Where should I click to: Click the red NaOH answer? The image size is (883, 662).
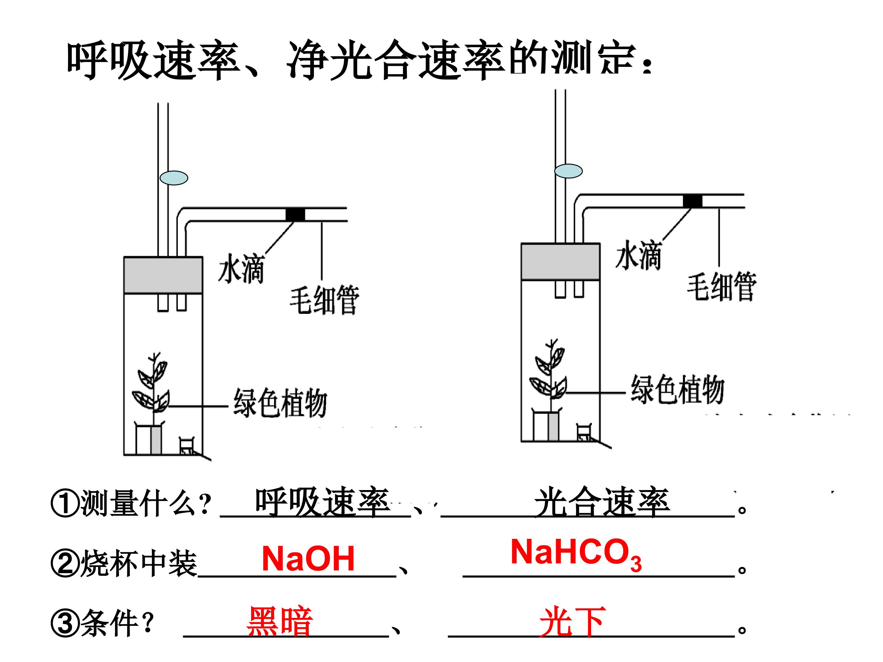pos(308,559)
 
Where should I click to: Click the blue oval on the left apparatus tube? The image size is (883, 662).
pos(174,177)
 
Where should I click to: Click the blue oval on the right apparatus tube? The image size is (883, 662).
pos(568,171)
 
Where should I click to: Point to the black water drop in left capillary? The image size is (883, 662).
pos(295,215)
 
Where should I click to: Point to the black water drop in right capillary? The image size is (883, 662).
pos(693,201)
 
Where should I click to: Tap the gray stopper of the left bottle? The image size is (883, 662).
pos(163,275)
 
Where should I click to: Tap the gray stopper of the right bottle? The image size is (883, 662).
pos(560,262)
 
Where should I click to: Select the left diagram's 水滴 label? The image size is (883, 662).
pos(241,268)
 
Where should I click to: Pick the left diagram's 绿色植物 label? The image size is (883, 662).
pos(280,403)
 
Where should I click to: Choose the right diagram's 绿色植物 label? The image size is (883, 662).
pos(677,389)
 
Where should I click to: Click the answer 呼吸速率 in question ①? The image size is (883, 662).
pos(323,502)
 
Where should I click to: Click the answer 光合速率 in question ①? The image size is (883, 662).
pos(602,502)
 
